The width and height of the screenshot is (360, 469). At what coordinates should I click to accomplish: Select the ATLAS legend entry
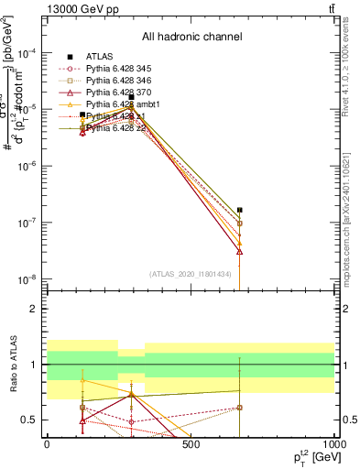102,56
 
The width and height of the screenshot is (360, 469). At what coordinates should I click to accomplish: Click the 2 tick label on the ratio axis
35,309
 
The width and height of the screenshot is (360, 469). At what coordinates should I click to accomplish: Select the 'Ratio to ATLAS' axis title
12,365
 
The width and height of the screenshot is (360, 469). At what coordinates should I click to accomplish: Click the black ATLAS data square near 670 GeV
239,210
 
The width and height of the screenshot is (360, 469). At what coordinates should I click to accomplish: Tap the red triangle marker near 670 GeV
239,250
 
